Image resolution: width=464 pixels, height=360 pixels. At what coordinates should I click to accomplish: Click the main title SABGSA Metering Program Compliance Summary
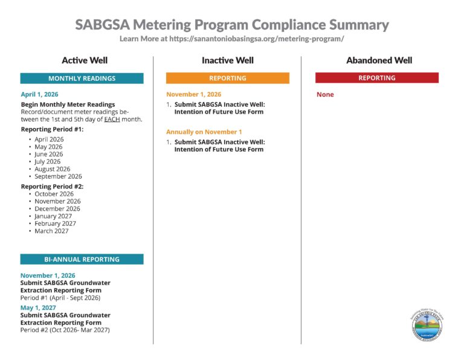232,25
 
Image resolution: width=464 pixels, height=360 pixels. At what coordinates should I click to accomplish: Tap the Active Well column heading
85,60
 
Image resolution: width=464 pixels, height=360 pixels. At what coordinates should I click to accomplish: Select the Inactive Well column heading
227,60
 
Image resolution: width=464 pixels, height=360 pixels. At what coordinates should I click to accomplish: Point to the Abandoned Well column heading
379,60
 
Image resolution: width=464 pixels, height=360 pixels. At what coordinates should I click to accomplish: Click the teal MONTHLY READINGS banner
82,79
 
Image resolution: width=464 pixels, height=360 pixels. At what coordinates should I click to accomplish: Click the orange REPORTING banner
227,78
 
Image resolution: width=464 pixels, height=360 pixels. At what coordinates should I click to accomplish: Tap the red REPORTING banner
376,78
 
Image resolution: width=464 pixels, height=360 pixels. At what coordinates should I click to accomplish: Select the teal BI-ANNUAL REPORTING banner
82,259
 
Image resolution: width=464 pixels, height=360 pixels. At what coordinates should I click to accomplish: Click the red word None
325,95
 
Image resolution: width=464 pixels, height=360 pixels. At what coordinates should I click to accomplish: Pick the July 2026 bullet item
48,161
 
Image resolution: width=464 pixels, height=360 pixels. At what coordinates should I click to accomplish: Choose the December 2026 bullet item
57,208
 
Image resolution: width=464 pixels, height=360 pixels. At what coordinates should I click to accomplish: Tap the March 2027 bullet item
51,231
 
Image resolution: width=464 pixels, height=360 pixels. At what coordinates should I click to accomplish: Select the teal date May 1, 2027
39,307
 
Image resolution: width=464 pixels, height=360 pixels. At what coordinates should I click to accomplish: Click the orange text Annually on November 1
204,132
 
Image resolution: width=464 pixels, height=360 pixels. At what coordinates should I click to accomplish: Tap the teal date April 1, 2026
40,95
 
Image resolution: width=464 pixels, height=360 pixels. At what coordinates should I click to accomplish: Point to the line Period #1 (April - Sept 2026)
60,297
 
